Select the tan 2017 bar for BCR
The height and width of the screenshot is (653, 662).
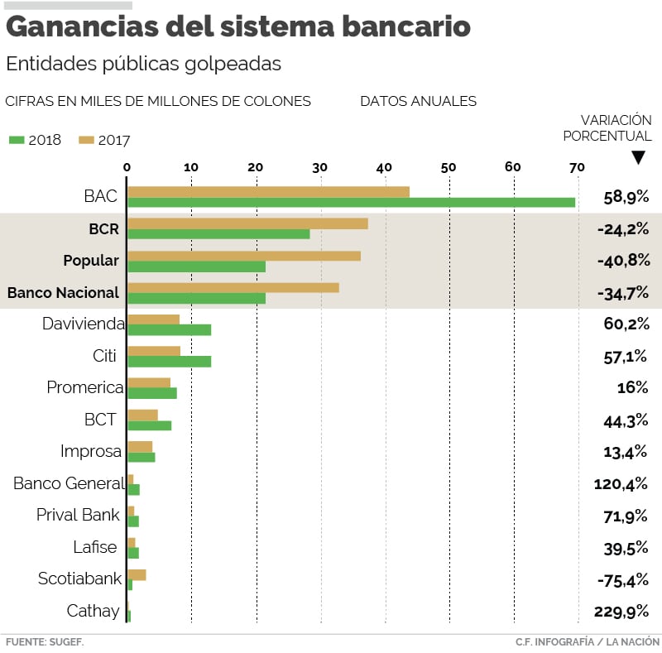[x=247, y=223]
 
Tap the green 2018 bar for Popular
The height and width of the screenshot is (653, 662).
[x=197, y=266]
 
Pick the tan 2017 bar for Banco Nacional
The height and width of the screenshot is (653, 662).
[x=233, y=287]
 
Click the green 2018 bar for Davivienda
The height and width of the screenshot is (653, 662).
[x=169, y=329]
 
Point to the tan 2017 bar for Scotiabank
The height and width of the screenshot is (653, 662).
[x=137, y=574]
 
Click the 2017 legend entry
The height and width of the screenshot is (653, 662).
[x=105, y=140]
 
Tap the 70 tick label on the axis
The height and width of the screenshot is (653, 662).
[x=577, y=166]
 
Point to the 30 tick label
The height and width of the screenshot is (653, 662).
[x=320, y=166]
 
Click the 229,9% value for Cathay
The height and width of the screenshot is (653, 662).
[x=621, y=612]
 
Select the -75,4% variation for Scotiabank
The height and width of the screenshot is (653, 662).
[x=623, y=580]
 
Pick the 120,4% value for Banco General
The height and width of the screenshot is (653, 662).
[x=621, y=483]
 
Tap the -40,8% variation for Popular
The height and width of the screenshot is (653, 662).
[x=623, y=261]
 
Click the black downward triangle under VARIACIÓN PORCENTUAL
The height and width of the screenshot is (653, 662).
[x=638, y=157]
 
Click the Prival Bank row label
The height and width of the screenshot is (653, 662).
[x=78, y=515]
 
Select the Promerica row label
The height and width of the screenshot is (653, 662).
[x=84, y=387]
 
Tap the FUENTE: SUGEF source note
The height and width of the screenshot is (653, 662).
[x=45, y=641]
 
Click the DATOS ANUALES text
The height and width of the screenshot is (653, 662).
[x=418, y=101]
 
